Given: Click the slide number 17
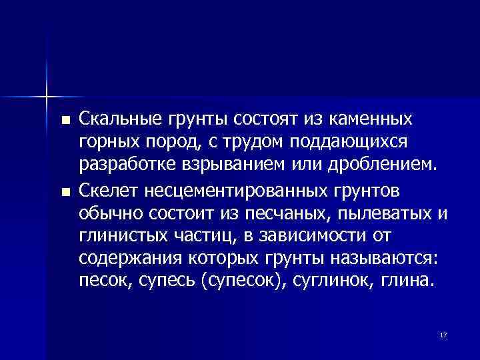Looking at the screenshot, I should click(442, 334).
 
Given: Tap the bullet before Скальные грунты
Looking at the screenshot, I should click(64, 121).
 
